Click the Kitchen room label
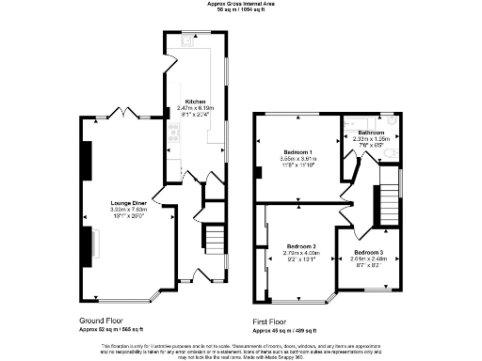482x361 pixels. [195, 101]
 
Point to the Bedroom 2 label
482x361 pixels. [301, 245]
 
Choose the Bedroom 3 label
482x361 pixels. [369, 254]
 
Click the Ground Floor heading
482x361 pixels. [104, 321]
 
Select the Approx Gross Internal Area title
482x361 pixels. [241, 4]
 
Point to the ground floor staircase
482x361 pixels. [216, 235]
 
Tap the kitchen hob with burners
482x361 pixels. [172, 140]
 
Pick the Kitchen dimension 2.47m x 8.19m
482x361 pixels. [195, 108]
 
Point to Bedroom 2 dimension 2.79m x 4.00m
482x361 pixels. [301, 253]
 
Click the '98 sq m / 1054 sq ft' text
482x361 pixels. [241, 10]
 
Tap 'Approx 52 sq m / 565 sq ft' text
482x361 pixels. [112, 329]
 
